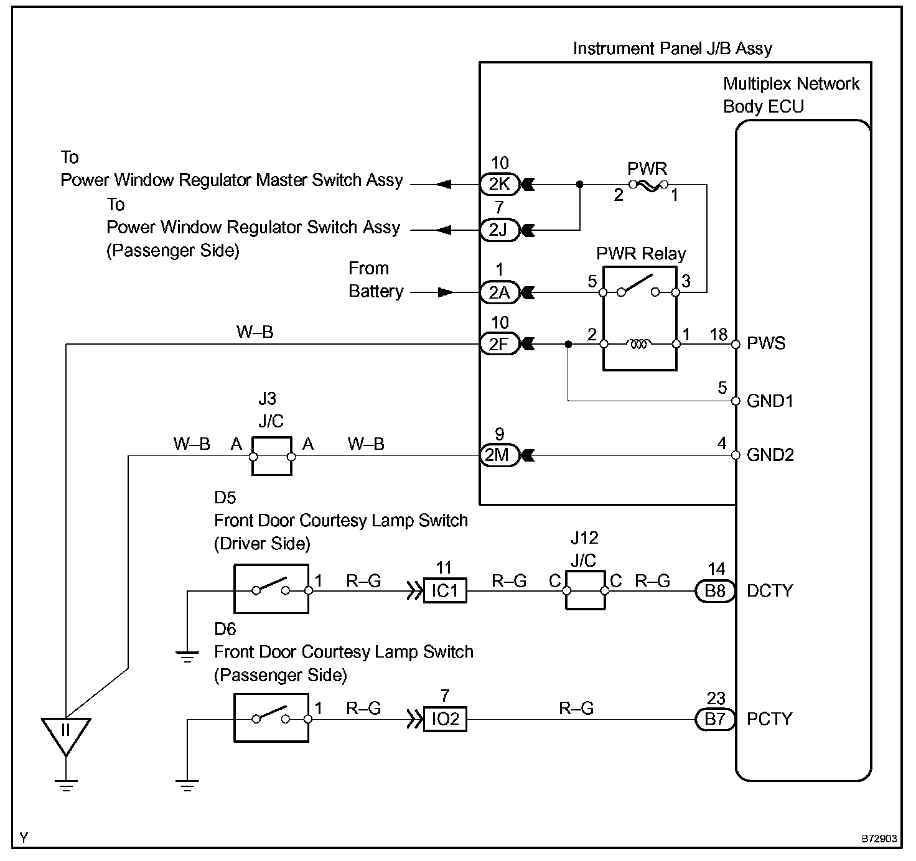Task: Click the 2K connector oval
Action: (x=499, y=185)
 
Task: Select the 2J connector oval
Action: (x=499, y=230)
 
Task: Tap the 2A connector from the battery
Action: (x=499, y=292)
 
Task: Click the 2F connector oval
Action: (x=499, y=343)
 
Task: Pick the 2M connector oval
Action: (x=499, y=455)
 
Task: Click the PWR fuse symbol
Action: (x=647, y=185)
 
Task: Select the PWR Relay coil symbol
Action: (x=640, y=343)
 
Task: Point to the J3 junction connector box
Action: (x=272, y=456)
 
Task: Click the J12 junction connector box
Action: (x=585, y=590)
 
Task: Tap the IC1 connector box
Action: (x=445, y=590)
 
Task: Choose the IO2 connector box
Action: (x=445, y=719)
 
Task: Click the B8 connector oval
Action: (x=715, y=590)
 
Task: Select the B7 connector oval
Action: (x=715, y=719)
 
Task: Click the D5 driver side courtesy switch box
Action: (x=271, y=589)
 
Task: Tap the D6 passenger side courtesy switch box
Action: (x=271, y=719)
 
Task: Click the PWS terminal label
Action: (x=766, y=343)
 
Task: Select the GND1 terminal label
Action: (x=770, y=401)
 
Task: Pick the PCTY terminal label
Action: (x=770, y=719)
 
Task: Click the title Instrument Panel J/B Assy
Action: (x=673, y=49)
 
